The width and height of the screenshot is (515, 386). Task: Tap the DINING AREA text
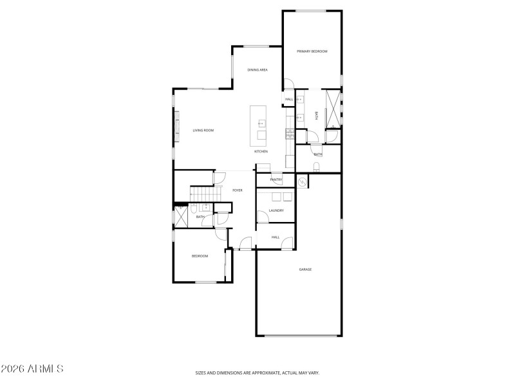point(257,69)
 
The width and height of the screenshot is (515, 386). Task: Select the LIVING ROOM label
point(203,131)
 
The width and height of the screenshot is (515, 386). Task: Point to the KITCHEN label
point(261,151)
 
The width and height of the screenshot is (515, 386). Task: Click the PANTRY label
point(276,179)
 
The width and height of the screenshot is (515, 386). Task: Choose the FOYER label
point(238,190)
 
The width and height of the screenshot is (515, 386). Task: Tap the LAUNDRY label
point(276,210)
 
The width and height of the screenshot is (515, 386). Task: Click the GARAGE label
point(305,270)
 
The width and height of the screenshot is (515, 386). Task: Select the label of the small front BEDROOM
point(200,256)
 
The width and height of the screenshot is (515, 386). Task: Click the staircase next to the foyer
point(201,193)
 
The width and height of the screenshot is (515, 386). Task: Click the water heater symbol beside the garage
point(302,181)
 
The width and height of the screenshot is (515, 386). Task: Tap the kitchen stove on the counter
point(290,134)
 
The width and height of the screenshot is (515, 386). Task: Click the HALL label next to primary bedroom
point(289,99)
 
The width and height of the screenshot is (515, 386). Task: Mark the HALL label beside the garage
point(275,237)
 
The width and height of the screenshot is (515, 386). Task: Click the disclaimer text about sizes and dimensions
point(257,372)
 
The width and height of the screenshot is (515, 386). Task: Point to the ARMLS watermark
point(32,369)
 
